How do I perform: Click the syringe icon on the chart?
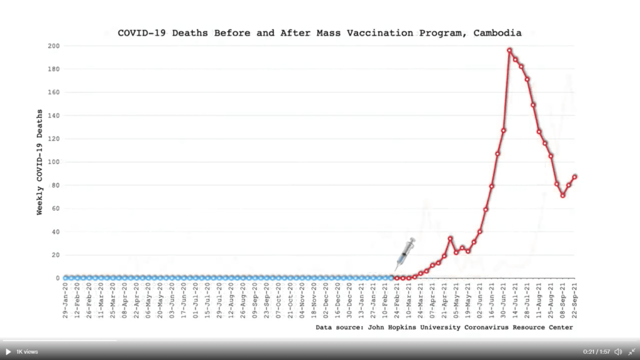click(405, 254)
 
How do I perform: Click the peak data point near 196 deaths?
click(509, 50)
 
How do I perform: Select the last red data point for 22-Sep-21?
click(574, 177)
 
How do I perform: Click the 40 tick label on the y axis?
click(56, 232)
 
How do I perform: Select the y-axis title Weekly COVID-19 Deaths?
click(40, 162)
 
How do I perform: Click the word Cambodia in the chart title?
click(497, 33)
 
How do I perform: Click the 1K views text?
click(27, 352)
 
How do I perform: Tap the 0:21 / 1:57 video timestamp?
click(596, 352)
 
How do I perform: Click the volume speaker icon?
click(618, 352)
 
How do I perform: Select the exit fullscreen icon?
click(632, 352)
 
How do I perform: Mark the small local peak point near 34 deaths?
click(450, 238)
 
